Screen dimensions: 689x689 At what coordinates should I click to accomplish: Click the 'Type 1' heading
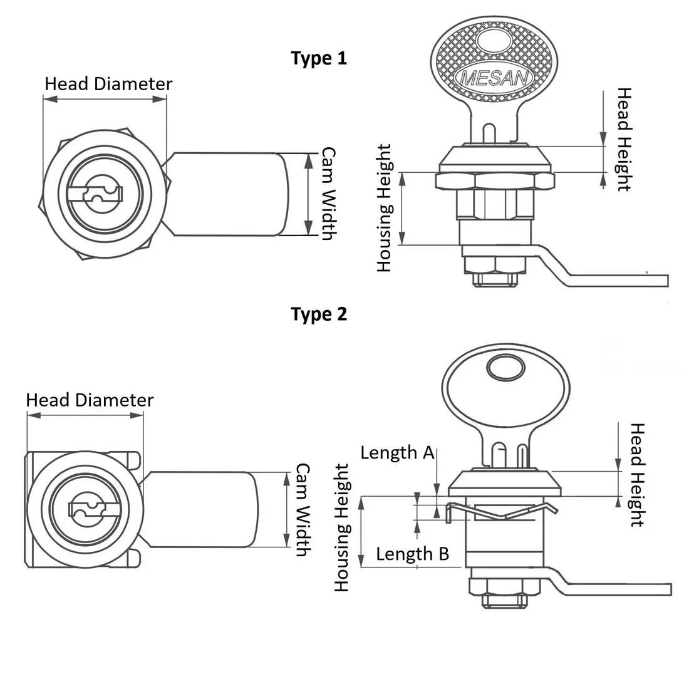click(x=319, y=58)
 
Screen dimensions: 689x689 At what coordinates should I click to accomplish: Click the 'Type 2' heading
click(x=319, y=314)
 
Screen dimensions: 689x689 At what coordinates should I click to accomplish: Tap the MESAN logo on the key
click(x=494, y=79)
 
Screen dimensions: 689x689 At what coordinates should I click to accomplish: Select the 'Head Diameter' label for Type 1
click(x=108, y=84)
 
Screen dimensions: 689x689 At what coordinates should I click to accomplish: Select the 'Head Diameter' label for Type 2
click(x=90, y=400)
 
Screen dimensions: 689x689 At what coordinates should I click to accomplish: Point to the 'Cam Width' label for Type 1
click(x=329, y=194)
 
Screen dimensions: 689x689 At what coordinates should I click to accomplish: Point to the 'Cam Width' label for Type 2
click(x=303, y=510)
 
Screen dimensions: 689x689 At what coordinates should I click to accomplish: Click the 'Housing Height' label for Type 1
click(x=384, y=208)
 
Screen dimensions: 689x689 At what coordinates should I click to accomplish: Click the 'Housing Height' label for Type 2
click(x=341, y=527)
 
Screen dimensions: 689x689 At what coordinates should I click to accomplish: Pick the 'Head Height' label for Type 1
click(x=624, y=139)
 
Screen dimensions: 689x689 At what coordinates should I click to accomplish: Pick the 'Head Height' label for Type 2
click(x=637, y=475)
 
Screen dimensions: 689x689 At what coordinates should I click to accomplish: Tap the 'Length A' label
click(x=397, y=453)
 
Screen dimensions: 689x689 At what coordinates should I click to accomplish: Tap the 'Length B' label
click(x=413, y=554)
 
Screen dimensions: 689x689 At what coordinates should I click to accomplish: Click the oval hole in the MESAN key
click(x=494, y=42)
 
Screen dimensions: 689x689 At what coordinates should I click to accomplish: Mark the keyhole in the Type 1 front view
click(x=95, y=194)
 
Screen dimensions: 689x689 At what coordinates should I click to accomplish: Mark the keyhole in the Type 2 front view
click(x=88, y=509)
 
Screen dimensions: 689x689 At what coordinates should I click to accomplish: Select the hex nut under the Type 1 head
click(x=495, y=181)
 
